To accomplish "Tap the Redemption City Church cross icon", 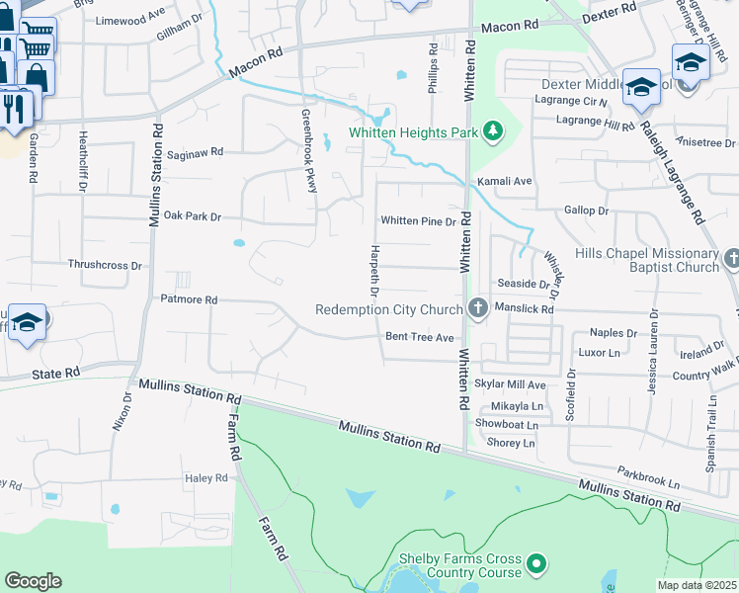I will pos(478,309).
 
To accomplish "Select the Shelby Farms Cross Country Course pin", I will pos(536,564).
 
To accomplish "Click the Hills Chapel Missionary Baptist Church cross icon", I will pos(731,260).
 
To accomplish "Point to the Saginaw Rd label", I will pos(196,153).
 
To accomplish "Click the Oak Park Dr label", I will pos(193,215).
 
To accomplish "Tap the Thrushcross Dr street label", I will pos(106,265).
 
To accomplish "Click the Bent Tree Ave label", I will pos(419,337).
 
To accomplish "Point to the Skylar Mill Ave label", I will pos(511,384).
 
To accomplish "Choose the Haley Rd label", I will pos(206,478).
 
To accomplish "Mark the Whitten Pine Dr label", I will pos(419,221).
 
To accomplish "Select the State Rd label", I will pos(55,374).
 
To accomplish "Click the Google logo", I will pos(33,581).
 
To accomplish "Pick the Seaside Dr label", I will pos(523,284).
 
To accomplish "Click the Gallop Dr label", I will pos(587,211).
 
